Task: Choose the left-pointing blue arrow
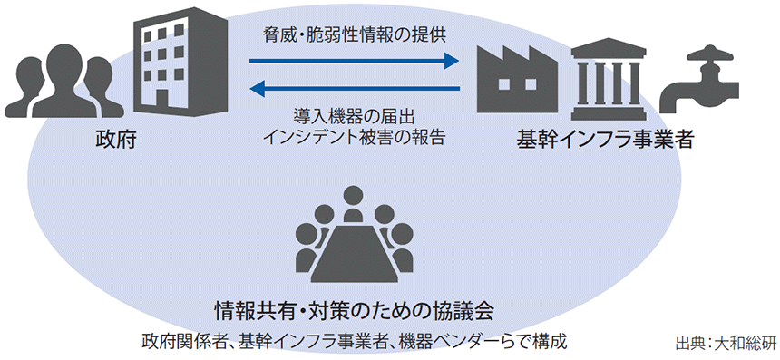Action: [355, 89]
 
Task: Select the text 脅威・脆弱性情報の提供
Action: [355, 34]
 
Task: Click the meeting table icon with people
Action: [355, 238]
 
